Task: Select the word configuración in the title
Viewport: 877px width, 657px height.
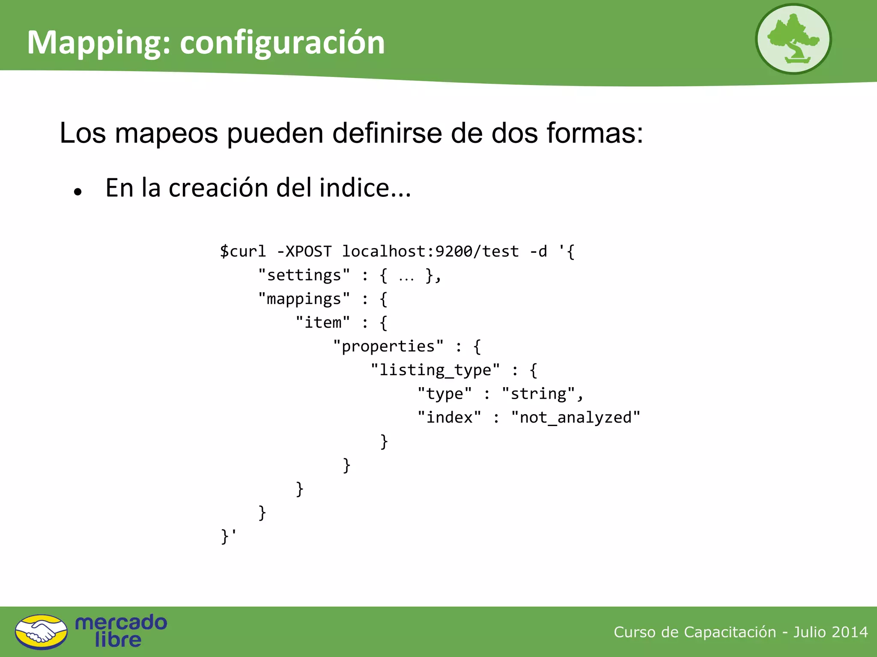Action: click(x=282, y=43)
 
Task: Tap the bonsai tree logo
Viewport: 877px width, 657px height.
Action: click(x=793, y=39)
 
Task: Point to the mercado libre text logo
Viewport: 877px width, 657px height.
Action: click(x=121, y=631)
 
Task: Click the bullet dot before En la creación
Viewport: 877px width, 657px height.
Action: click(x=78, y=192)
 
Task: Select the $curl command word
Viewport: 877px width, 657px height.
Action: click(x=243, y=251)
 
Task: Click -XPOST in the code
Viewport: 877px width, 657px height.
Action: click(x=304, y=251)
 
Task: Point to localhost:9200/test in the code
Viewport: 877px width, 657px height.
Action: click(x=430, y=251)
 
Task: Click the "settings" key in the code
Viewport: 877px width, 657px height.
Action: click(x=304, y=275)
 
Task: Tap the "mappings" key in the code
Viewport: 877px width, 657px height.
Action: click(x=304, y=299)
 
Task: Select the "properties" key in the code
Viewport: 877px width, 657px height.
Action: click(x=388, y=346)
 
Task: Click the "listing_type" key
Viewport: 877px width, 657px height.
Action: click(x=435, y=370)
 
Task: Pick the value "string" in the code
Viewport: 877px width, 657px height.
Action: click(x=538, y=394)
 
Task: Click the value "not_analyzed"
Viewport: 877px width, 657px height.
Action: click(x=575, y=417)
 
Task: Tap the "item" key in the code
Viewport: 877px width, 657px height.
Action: click(x=323, y=323)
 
